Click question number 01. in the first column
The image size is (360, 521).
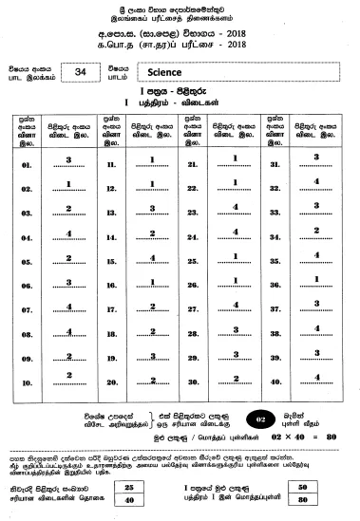(26, 164)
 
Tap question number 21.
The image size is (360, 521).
(193, 164)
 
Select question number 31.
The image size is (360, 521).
(275, 164)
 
